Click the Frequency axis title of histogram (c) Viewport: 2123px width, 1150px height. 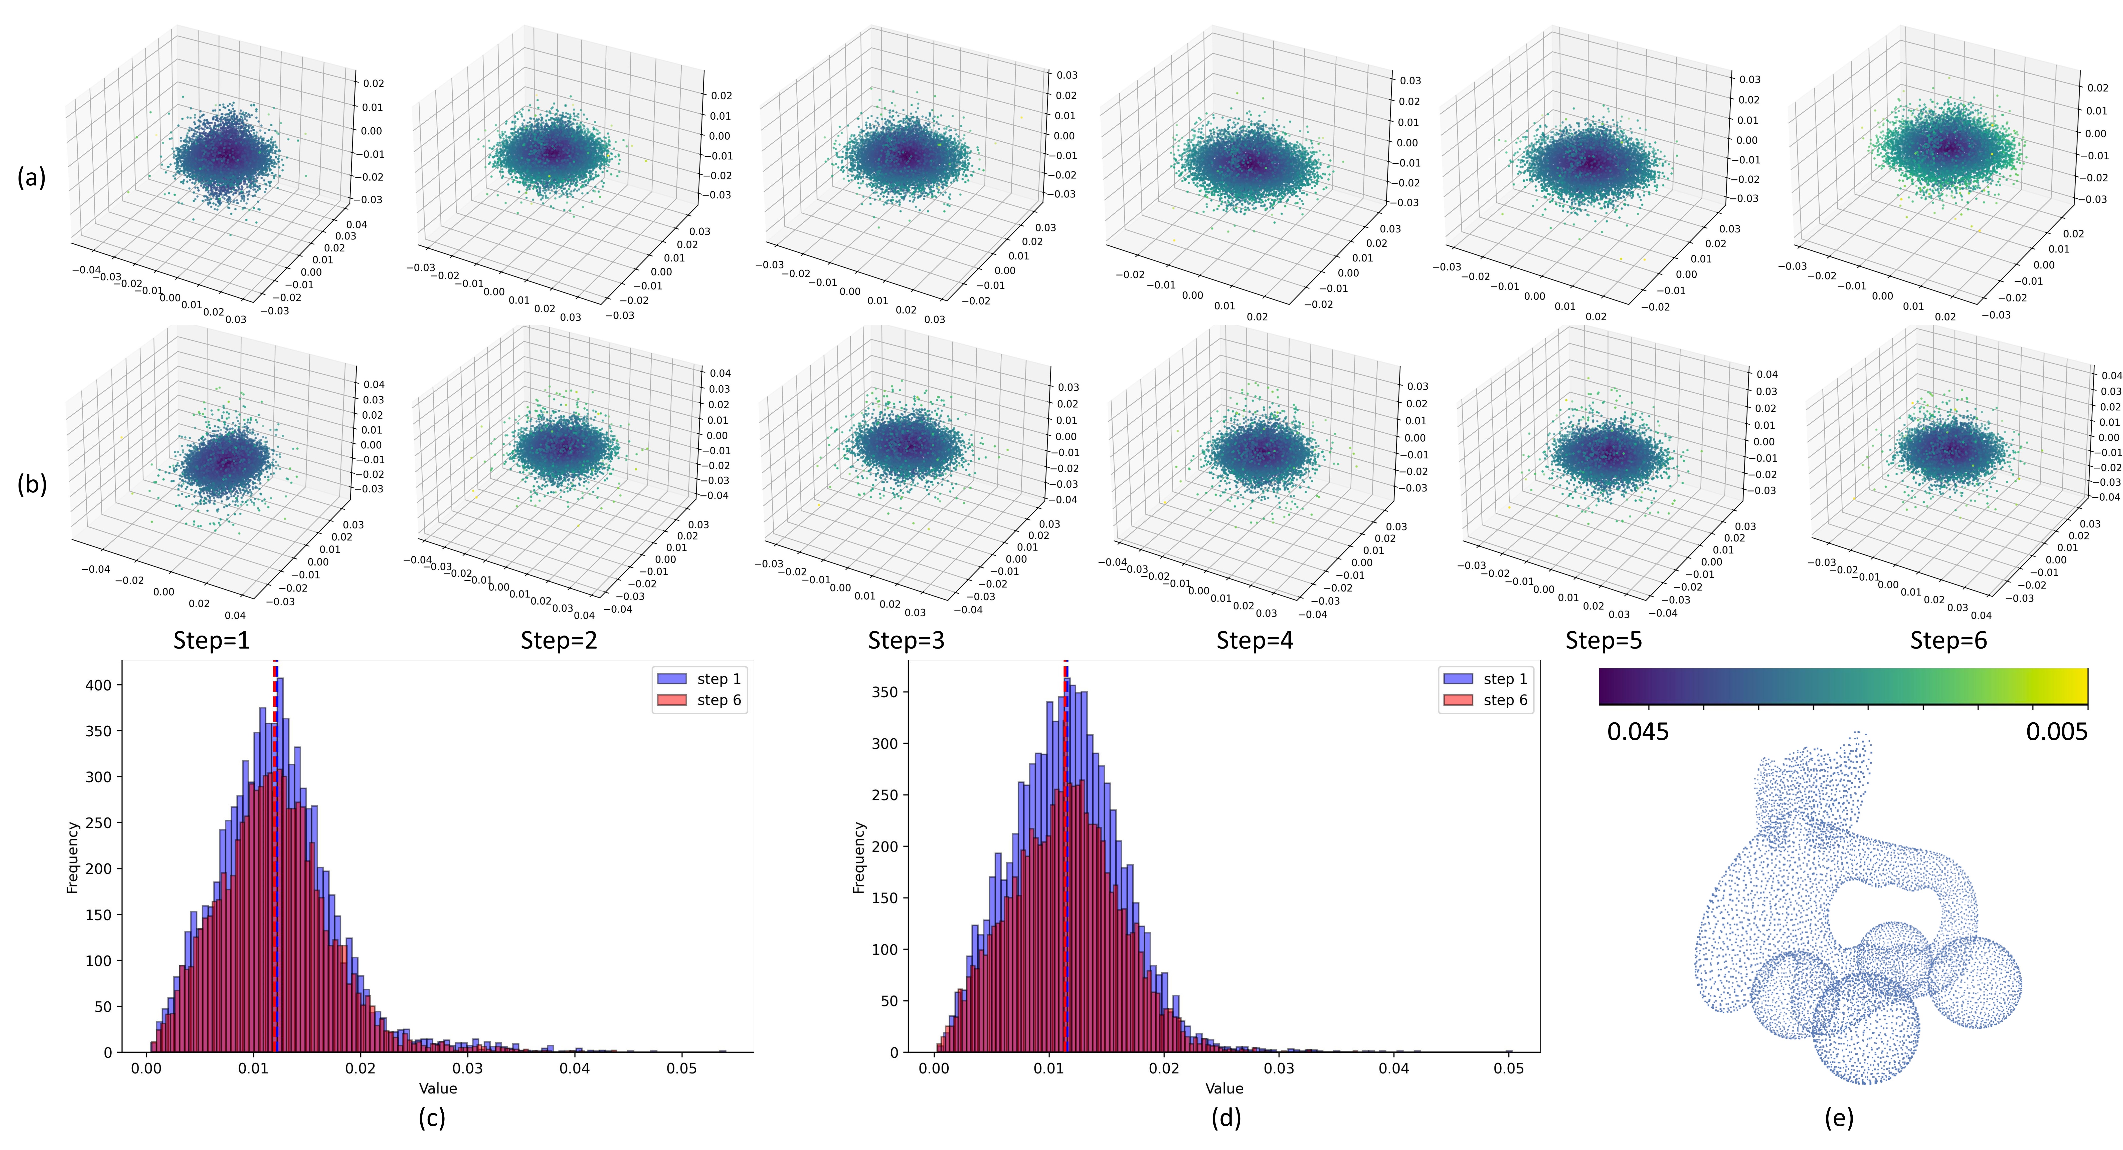pyautogui.click(x=73, y=857)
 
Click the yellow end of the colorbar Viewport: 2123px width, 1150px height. pyautogui.click(x=2077, y=686)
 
